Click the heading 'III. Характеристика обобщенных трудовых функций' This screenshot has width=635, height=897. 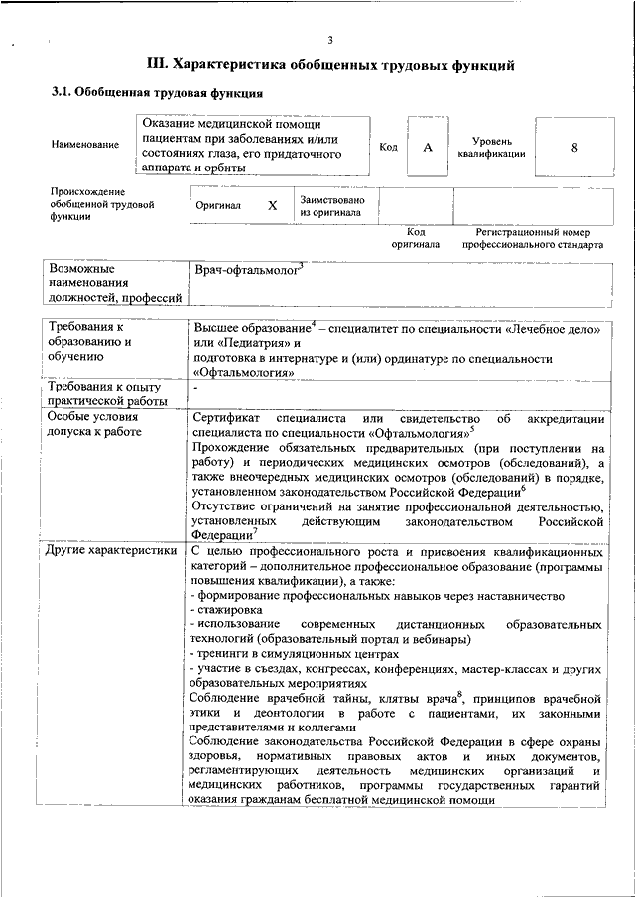click(329, 65)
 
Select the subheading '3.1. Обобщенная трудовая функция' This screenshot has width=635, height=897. click(157, 94)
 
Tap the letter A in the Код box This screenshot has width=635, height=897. click(428, 147)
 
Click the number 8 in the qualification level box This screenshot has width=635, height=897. click(573, 147)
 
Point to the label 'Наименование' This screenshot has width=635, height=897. click(84, 145)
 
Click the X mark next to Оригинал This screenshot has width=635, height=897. click(272, 206)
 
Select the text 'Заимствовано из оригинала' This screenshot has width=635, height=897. click(331, 206)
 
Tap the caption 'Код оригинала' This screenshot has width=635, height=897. click(415, 237)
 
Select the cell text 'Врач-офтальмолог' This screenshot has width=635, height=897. click(246, 269)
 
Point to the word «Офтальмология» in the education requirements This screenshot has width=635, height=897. click(244, 373)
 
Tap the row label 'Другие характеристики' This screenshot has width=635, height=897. click(112, 549)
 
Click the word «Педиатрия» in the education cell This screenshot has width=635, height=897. click(245, 342)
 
